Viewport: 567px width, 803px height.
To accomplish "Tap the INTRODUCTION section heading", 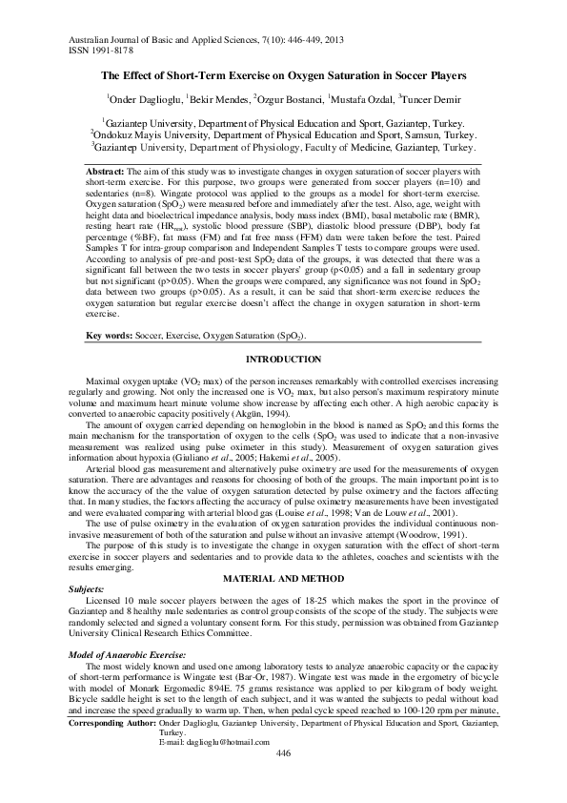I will pyautogui.click(x=282, y=359).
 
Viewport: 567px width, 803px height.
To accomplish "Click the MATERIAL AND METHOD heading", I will pyautogui.click(x=282, y=579).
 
